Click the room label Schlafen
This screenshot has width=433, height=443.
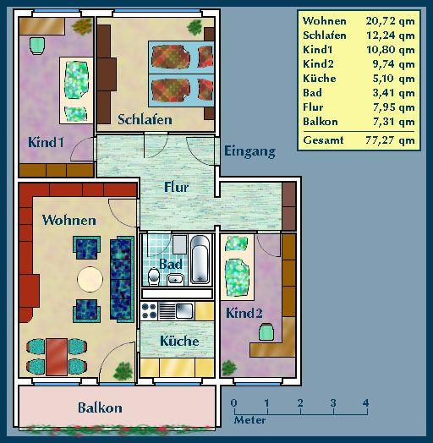[x=145, y=119]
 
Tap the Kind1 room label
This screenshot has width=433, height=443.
[x=46, y=142]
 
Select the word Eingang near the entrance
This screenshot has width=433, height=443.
[x=249, y=151]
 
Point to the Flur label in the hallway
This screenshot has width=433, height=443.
[x=176, y=187]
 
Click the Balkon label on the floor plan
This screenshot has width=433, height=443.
[x=100, y=407]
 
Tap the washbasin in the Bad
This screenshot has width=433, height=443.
[x=175, y=280]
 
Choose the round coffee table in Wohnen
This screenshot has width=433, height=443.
[x=90, y=278]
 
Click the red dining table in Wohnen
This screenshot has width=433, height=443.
[x=57, y=355]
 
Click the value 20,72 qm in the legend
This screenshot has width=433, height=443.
[x=391, y=19]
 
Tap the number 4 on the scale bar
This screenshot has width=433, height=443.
[x=366, y=402]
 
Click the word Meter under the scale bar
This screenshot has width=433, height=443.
[x=249, y=420]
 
